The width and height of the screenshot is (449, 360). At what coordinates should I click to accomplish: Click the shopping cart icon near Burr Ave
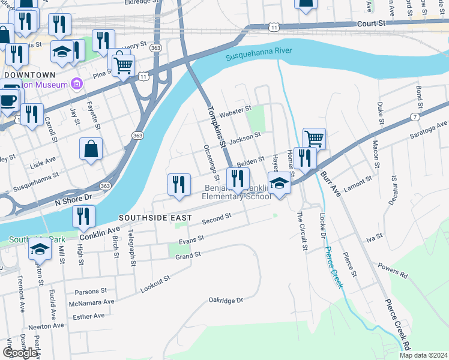coord(314,138)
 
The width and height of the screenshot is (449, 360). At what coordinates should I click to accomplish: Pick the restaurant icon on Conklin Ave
coord(83,216)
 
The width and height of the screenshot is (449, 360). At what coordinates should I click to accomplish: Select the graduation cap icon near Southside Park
coord(40,248)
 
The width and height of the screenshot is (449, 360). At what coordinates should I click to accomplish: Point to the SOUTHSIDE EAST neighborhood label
coord(155,218)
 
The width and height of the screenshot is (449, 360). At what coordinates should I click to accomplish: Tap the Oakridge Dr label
coord(225,299)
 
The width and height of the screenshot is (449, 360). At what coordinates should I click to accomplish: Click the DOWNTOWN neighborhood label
coord(29,74)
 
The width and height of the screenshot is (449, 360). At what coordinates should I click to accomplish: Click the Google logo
coord(20,352)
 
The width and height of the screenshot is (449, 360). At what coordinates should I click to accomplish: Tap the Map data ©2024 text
coord(424,355)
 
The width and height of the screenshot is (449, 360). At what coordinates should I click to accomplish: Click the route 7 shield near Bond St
coord(415,115)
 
